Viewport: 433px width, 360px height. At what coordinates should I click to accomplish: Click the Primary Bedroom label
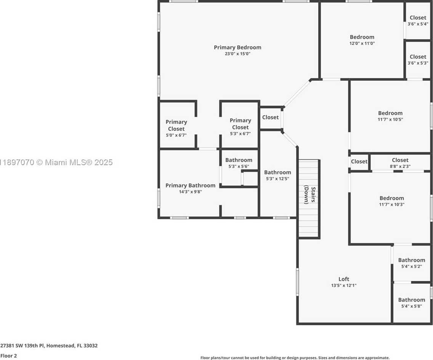(x=237, y=48)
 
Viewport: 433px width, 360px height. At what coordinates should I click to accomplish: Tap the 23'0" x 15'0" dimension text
(x=237, y=54)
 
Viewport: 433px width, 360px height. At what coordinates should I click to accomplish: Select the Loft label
(x=344, y=279)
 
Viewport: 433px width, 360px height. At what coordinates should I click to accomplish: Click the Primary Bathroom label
(x=190, y=185)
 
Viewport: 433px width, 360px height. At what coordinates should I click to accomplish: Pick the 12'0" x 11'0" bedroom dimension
(x=362, y=43)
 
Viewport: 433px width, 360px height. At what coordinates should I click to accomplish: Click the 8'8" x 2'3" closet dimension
(x=400, y=166)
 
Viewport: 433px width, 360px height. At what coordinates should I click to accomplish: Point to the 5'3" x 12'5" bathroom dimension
(x=277, y=179)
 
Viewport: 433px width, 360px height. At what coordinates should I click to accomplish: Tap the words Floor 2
(x=8, y=355)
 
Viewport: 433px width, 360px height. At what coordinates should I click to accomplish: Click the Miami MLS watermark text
(x=56, y=162)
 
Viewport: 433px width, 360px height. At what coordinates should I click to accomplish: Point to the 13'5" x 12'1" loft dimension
(x=344, y=285)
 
